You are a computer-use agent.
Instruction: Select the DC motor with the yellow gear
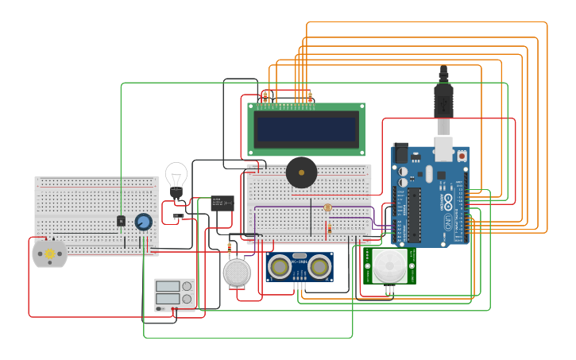coord(49,254)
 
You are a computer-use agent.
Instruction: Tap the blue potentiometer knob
coord(143,222)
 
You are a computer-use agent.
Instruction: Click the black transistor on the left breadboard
coord(121,221)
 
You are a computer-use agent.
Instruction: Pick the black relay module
coord(222,203)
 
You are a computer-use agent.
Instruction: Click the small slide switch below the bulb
coord(179,215)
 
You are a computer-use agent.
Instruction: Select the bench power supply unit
coord(174,294)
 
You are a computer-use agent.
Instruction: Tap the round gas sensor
coord(236,272)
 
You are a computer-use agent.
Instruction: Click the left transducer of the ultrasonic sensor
coord(280,266)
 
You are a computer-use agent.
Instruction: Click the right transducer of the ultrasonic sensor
coord(319,266)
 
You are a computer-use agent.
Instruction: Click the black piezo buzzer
coord(301,172)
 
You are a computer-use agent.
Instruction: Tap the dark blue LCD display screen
coord(306,128)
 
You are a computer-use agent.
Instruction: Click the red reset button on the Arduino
coord(462,156)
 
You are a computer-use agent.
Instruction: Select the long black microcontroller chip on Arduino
coord(414,215)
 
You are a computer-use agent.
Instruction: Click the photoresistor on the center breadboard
coord(327,207)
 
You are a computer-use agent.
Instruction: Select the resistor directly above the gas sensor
coord(230,247)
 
